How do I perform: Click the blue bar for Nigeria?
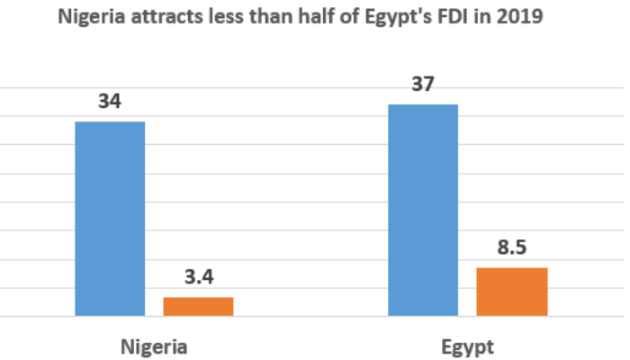point(110,219)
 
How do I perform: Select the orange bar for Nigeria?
point(198,306)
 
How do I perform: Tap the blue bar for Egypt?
point(423,211)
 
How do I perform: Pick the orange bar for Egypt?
point(511,292)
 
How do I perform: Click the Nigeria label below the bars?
point(153,346)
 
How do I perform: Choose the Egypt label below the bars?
point(468,346)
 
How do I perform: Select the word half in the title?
point(333,15)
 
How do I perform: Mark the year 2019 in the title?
point(524,15)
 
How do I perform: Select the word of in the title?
point(363,15)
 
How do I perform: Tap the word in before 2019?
point(491,15)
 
